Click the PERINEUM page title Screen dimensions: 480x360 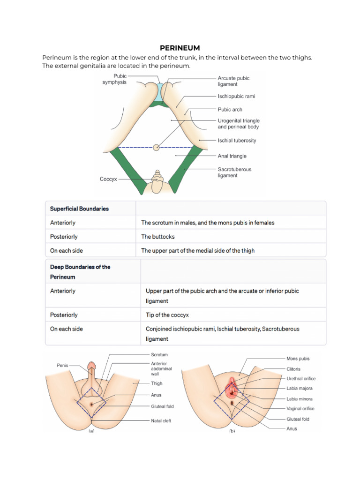click(180, 48)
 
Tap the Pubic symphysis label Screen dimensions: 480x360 click(114, 79)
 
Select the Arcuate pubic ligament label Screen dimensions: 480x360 click(234, 81)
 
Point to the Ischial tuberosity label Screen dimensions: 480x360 click(237, 141)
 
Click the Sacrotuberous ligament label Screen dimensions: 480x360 click(234, 172)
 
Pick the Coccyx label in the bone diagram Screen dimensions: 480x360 click(108, 179)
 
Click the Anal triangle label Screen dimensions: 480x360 click(232, 156)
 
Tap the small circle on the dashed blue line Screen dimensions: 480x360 click(156, 148)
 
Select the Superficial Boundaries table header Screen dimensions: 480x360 click(79, 209)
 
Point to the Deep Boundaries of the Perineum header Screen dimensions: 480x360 click(80, 272)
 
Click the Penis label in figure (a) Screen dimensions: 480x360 click(63, 365)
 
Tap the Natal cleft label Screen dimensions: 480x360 click(161, 421)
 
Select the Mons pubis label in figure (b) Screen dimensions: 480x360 click(298, 359)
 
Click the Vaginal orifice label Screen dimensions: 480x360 click(300, 409)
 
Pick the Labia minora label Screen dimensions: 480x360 click(299, 399)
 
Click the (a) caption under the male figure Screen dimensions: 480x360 click(91, 431)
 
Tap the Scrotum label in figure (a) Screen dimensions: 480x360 click(159, 355)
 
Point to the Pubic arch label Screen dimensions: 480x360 click(230, 110)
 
